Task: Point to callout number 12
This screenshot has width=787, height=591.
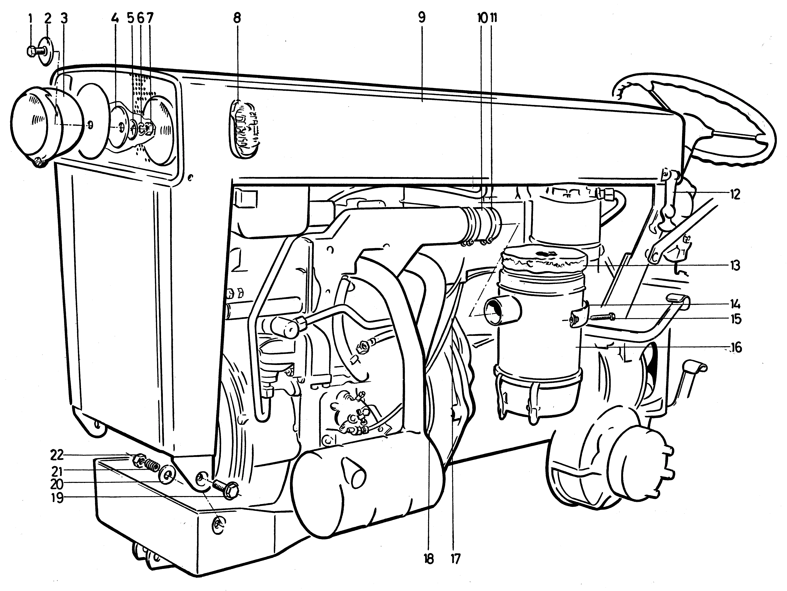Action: click(x=734, y=195)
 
